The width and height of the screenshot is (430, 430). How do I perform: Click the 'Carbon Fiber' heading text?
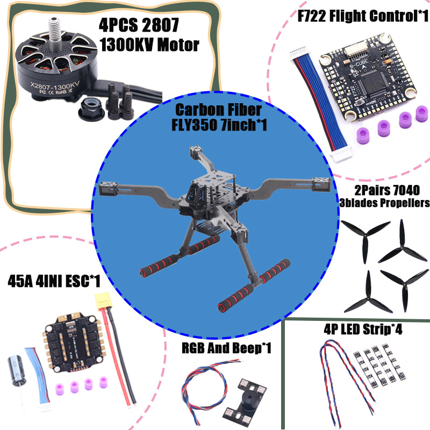pyautogui.click(x=217, y=110)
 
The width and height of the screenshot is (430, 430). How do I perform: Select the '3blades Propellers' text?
pyautogui.click(x=384, y=203)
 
